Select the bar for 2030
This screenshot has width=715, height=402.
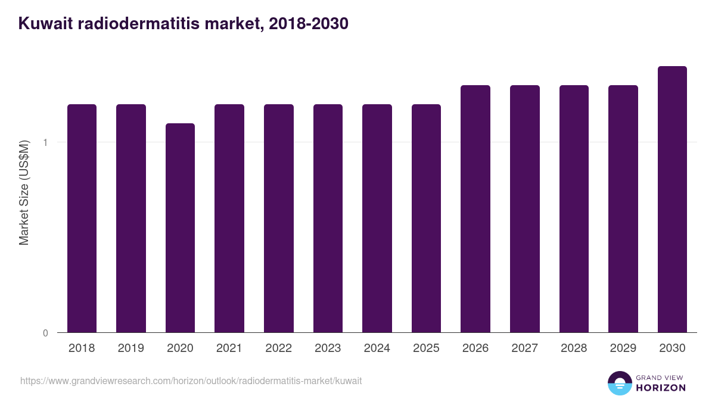672,199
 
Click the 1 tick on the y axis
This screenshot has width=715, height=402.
45,142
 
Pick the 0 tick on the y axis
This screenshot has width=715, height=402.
45,333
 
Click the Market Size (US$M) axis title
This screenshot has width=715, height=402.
24,192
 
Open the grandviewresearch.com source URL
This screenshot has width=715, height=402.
191,381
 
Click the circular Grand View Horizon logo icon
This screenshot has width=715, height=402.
619,384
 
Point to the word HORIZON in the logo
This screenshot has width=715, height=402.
661,388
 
